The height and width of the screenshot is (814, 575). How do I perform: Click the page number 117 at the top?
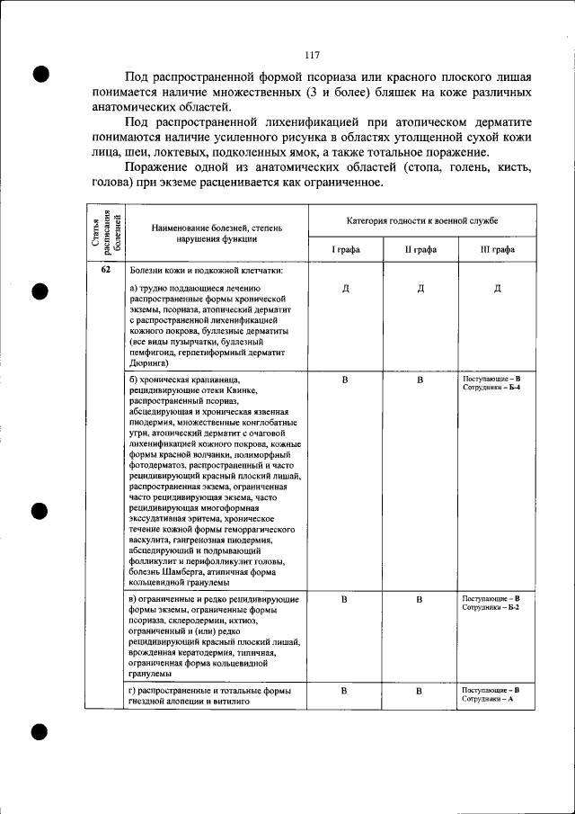[313, 55]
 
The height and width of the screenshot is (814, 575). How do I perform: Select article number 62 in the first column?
[106, 269]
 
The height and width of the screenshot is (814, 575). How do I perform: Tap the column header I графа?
[345, 249]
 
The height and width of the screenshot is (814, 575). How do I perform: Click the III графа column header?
[498, 249]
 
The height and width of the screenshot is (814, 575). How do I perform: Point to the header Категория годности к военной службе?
[422, 220]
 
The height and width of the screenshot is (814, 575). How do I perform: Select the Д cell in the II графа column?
[420, 289]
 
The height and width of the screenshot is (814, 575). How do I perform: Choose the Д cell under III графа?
[498, 289]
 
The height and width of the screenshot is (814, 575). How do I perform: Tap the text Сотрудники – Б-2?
[491, 608]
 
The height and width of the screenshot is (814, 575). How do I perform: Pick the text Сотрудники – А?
[488, 699]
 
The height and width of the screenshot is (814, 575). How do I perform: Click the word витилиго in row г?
[242, 700]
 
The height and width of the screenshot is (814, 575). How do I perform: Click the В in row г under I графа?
[345, 691]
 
